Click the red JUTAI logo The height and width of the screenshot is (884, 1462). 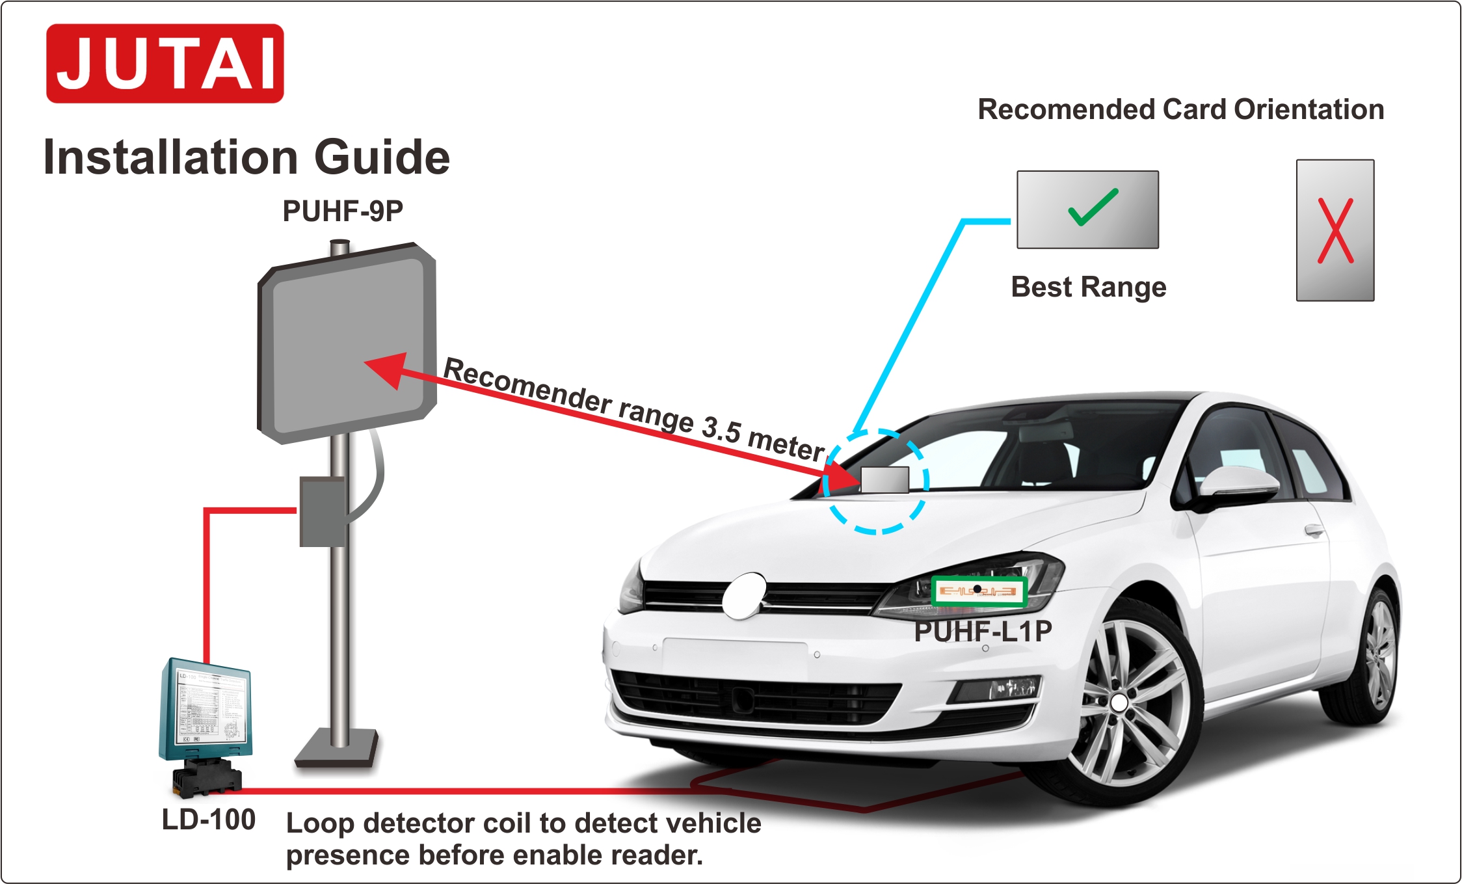165,64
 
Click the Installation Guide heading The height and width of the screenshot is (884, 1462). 246,157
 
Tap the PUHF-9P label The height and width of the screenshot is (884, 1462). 343,211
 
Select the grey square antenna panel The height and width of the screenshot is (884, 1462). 347,342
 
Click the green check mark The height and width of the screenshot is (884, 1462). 1093,208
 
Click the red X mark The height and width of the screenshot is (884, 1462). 1335,231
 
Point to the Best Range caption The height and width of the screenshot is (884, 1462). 1088,287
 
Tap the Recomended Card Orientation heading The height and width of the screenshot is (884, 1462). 1181,109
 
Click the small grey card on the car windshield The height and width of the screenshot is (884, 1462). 885,479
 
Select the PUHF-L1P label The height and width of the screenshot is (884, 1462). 983,632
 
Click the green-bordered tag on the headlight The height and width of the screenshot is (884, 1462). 978,591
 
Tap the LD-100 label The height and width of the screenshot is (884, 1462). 208,820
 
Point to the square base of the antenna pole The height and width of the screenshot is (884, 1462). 337,747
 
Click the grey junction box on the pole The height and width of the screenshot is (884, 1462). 321,512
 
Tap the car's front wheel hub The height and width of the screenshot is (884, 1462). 1119,703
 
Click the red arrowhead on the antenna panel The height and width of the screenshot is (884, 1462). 388,369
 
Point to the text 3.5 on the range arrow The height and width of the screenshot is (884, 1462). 721,429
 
